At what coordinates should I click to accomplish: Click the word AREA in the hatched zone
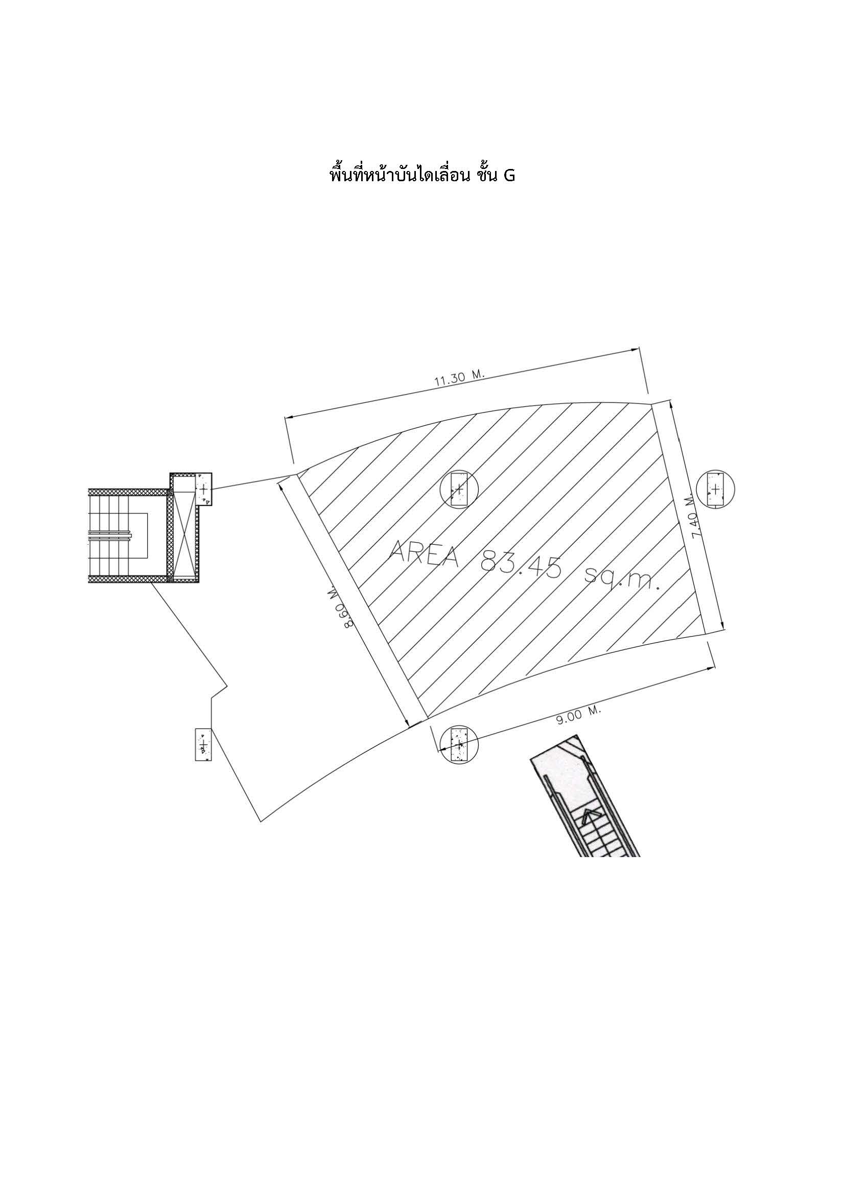(x=425, y=554)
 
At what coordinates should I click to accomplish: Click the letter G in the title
(x=508, y=176)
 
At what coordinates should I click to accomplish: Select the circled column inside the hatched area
(x=458, y=489)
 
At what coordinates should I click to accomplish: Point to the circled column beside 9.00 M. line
(x=458, y=744)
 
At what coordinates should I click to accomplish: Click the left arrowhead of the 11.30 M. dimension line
(x=287, y=417)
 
